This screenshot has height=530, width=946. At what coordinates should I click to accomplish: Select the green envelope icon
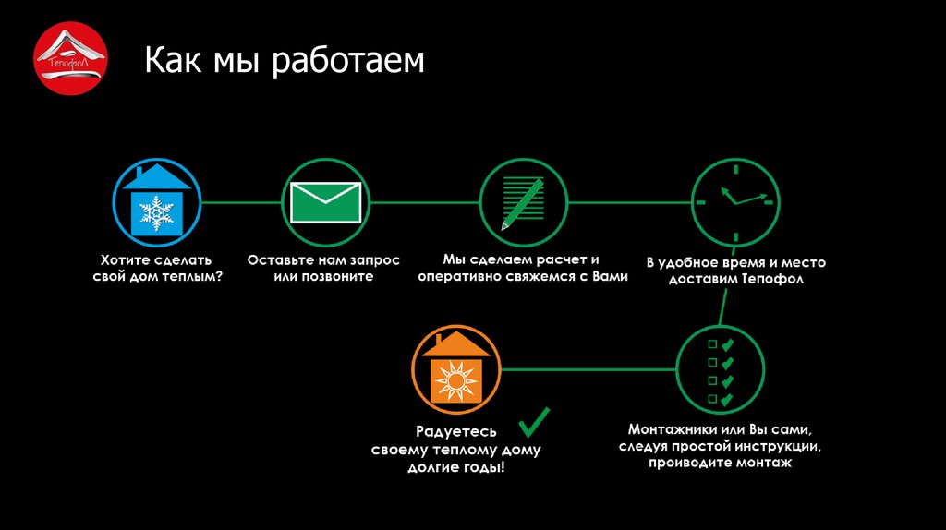(324, 202)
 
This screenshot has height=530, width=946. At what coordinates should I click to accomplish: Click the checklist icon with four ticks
(721, 370)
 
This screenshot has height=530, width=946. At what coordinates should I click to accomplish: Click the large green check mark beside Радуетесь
(533, 423)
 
